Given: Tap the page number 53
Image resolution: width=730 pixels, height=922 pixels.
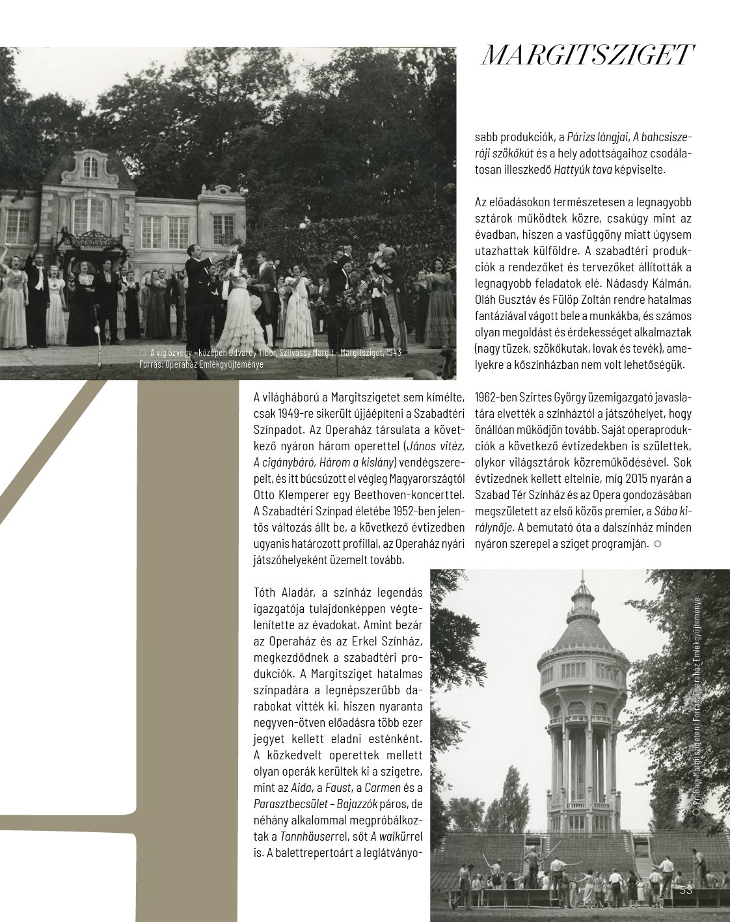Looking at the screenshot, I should (686, 890).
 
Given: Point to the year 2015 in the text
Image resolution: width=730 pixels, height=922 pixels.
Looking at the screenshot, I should (610, 479).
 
